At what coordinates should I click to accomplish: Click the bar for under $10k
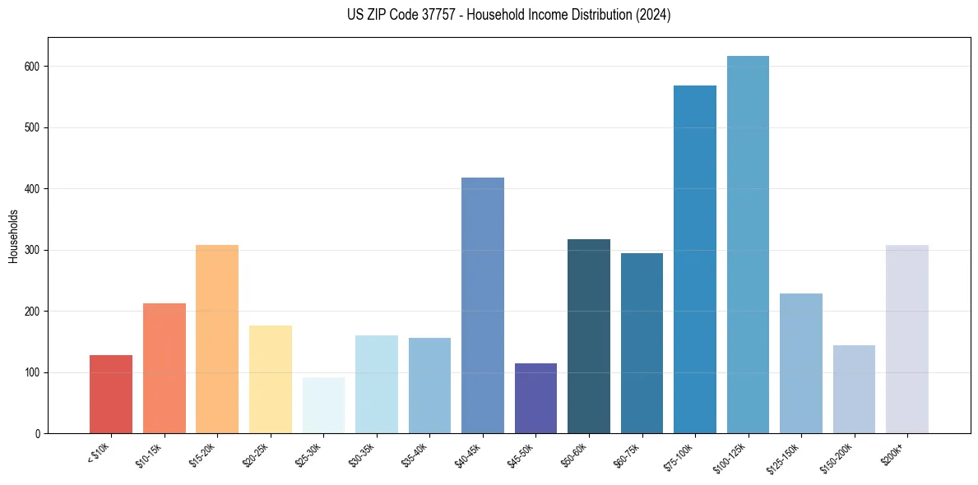point(111,394)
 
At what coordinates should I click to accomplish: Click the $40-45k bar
point(483,305)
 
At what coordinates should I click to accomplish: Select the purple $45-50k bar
point(535,398)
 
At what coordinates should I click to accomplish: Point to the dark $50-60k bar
point(589,336)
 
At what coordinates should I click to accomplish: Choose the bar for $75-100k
point(695,259)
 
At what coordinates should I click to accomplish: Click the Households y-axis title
point(13,236)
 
